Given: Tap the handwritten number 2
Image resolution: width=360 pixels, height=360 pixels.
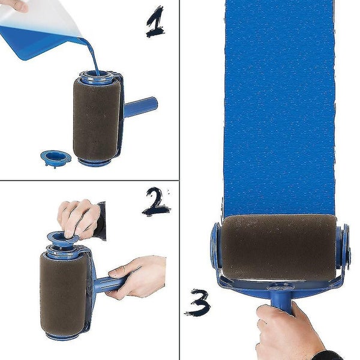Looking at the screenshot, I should (x=155, y=202).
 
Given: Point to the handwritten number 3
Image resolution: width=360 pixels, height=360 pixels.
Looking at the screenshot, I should (x=197, y=304).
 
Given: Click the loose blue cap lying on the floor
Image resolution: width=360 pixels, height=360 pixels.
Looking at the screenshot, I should (x=55, y=158).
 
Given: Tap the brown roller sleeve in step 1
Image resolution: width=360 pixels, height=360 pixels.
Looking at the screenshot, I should (x=96, y=118).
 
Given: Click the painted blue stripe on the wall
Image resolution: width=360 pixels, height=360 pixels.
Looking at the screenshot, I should (x=279, y=108).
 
